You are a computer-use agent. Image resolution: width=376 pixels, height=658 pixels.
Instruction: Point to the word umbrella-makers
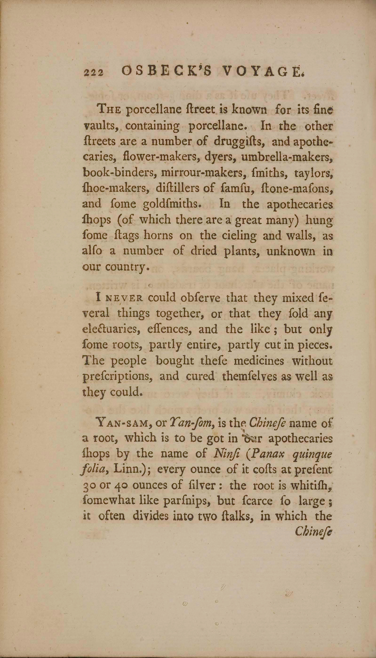286,157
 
